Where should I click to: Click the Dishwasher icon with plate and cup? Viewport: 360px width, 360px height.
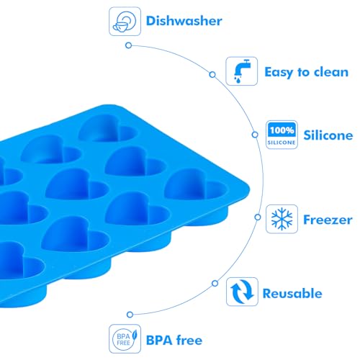pos(125,22)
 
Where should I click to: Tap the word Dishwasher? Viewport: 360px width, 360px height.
pos(184,21)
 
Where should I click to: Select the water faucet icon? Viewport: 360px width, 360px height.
pos(242,71)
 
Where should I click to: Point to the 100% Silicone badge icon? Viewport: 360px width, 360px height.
pos(282,135)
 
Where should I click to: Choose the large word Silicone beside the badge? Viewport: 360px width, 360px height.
pos(328,135)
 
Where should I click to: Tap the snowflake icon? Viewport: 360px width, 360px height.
pos(282,219)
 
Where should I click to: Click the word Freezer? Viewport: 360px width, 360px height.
pos(328,220)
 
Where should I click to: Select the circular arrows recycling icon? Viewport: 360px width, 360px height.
pos(242,292)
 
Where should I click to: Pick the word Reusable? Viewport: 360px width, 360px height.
pos(292,293)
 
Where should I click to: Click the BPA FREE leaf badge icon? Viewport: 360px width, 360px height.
pos(125,338)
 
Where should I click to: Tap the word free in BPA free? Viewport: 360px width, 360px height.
pos(189,340)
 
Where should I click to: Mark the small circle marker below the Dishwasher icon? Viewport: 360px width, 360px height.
pos(129,45)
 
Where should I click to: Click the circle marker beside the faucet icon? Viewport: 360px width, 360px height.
pos(212,74)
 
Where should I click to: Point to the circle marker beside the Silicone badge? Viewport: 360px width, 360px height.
pos(255,135)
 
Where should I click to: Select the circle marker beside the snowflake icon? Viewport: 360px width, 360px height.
pos(258,217)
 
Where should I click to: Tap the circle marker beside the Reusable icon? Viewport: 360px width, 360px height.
pos(215,283)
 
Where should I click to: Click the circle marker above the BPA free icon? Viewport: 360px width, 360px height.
pos(130,315)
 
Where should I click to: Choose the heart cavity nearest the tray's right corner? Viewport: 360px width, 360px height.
pos(196,184)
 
